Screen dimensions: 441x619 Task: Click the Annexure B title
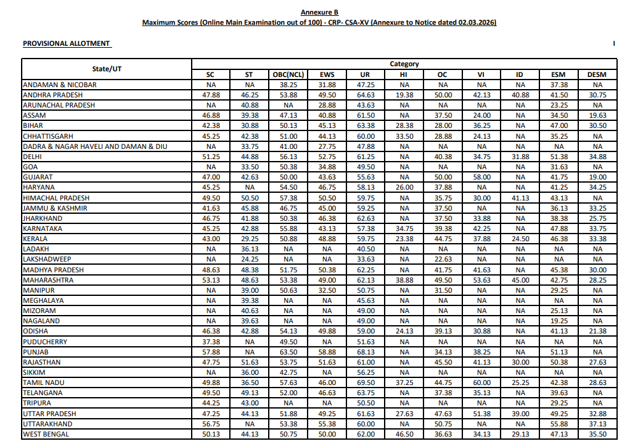(319, 12)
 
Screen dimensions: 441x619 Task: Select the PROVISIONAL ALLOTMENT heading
(66, 43)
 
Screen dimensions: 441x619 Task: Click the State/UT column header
(106, 69)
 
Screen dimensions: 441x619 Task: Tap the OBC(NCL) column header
(288, 74)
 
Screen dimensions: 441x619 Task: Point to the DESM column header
(597, 74)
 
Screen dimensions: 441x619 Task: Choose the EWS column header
(327, 74)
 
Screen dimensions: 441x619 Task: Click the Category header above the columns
(404, 64)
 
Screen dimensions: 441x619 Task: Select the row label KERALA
(36, 239)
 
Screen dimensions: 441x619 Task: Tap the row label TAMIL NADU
(43, 382)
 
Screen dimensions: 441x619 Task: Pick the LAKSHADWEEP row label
(47, 259)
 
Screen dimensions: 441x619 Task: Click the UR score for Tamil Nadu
(366, 382)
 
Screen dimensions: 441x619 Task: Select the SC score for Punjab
(211, 352)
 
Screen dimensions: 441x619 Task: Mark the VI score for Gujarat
(481, 177)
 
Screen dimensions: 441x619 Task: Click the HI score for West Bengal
(404, 434)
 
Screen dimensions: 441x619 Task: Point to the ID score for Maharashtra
(520, 280)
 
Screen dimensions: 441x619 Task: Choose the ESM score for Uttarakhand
(559, 424)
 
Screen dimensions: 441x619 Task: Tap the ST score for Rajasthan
(249, 362)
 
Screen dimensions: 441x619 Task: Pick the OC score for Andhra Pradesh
(443, 95)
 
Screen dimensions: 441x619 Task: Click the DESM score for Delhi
(597, 157)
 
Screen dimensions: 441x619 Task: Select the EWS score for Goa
(327, 167)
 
